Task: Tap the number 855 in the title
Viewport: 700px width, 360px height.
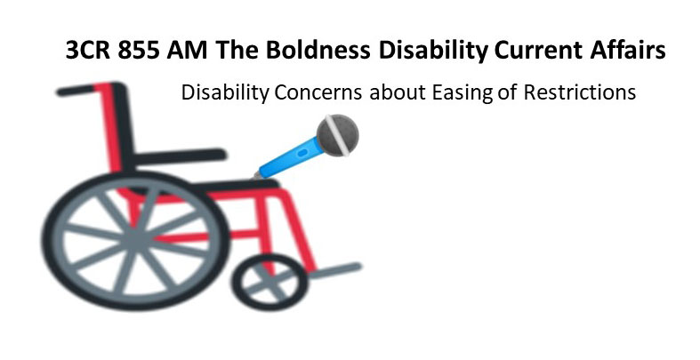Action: click(x=141, y=52)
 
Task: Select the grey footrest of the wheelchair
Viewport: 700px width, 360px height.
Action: click(x=334, y=268)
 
